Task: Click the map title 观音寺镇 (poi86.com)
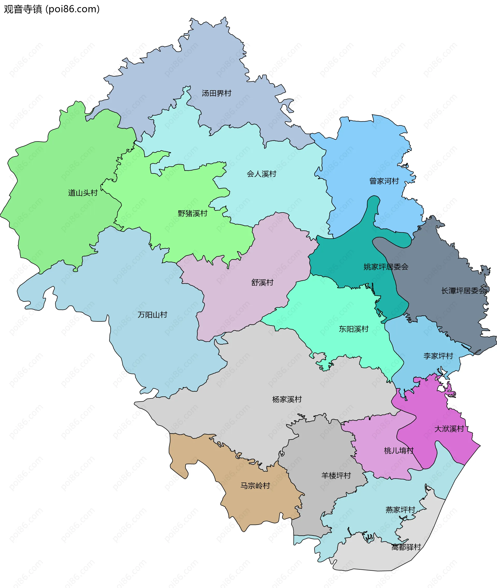pyautogui.click(x=52, y=9)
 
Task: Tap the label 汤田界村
pyautogui.click(x=216, y=93)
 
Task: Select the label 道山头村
pyautogui.click(x=83, y=193)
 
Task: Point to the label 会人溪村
pyautogui.click(x=261, y=174)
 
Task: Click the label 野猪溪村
pyautogui.click(x=192, y=213)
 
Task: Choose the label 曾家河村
pyautogui.click(x=384, y=181)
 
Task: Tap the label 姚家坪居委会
pyautogui.click(x=386, y=267)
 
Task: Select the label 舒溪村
pyautogui.click(x=262, y=282)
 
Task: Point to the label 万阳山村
pyautogui.click(x=152, y=315)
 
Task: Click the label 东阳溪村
pyautogui.click(x=354, y=329)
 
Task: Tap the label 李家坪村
pyautogui.click(x=438, y=356)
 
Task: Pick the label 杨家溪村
pyautogui.click(x=287, y=399)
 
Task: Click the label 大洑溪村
pyautogui.click(x=449, y=429)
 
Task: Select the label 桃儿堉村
pyautogui.click(x=399, y=451)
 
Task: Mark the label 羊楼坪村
pyautogui.click(x=336, y=476)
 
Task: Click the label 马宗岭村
pyautogui.click(x=255, y=486)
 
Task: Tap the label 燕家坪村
pyautogui.click(x=400, y=510)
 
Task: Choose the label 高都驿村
pyautogui.click(x=406, y=547)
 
